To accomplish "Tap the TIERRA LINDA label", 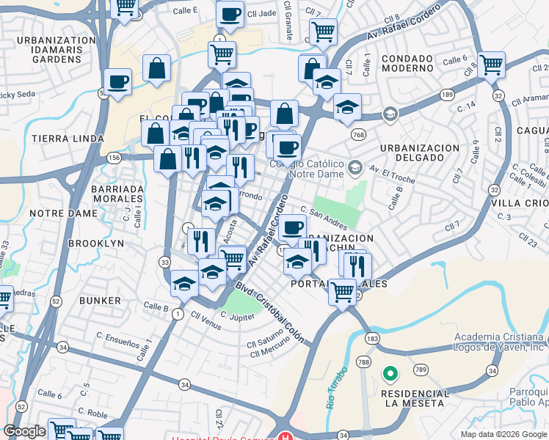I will (x=57, y=138).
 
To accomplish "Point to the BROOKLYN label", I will (x=96, y=243).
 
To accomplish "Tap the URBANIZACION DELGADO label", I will (x=420, y=153).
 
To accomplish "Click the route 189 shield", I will (x=446, y=95).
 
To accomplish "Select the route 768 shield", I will (x=358, y=134).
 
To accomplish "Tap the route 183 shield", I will (x=373, y=339).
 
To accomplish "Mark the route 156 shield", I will (x=114, y=157).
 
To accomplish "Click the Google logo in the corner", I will (x=24, y=431).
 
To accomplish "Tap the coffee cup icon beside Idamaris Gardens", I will (x=117, y=83).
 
